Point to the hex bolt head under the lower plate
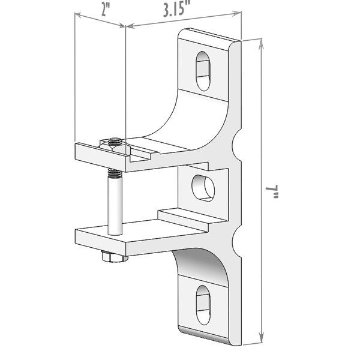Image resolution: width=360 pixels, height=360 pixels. coord(112,257)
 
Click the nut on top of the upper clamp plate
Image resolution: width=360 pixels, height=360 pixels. coord(114,142)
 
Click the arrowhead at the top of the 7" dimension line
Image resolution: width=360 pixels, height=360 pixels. coord(262,41)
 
